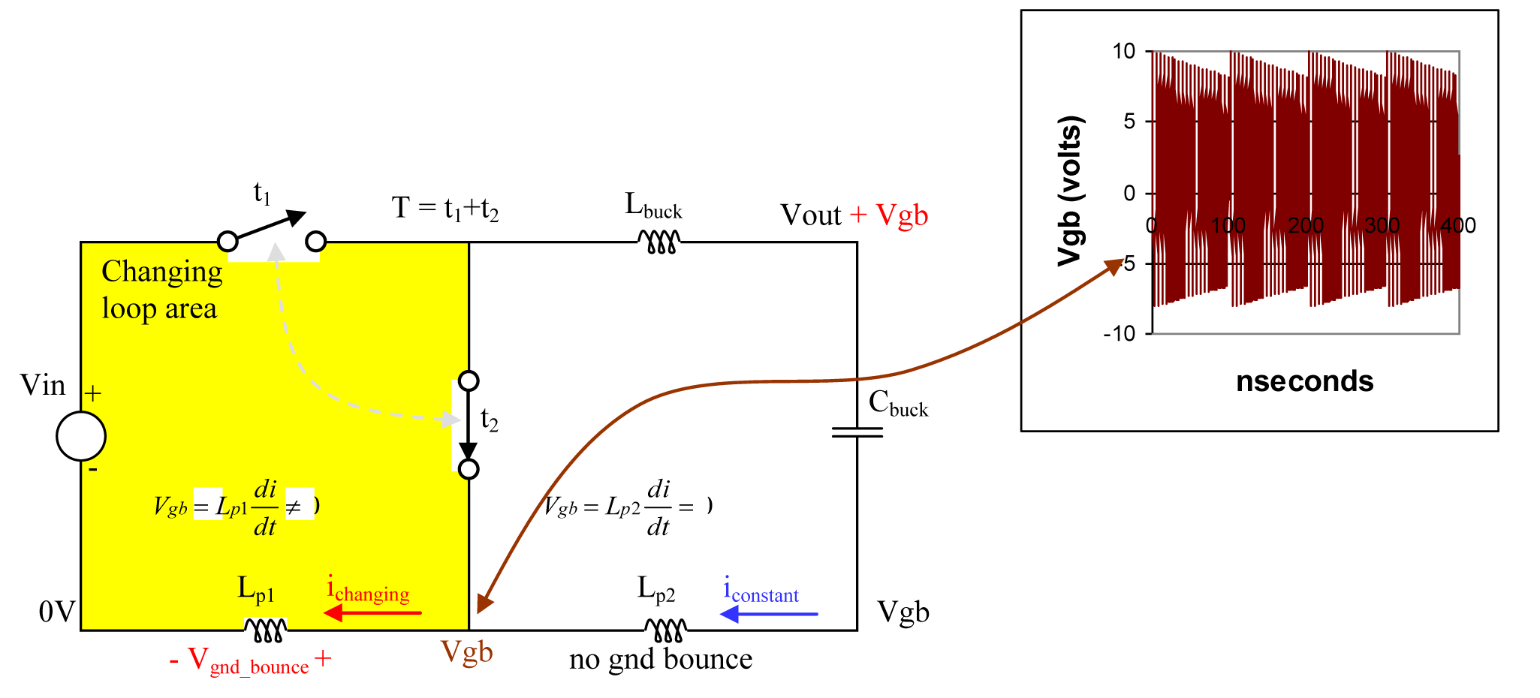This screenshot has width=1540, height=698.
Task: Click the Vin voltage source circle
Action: click(81, 436)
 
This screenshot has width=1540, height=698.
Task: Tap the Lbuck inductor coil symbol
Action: click(659, 242)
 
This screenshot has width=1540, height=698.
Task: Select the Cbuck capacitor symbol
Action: click(857, 432)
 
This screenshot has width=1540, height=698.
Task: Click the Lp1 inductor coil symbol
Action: click(265, 630)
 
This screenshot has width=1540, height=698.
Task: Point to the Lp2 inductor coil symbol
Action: click(666, 630)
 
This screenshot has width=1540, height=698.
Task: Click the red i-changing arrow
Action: click(372, 613)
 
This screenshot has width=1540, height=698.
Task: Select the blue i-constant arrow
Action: click(768, 614)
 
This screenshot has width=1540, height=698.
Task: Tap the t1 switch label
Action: click(261, 194)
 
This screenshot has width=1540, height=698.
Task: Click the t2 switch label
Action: click(489, 420)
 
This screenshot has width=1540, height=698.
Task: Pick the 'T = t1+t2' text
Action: click(445, 208)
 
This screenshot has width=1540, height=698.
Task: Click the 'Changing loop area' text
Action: click(161, 290)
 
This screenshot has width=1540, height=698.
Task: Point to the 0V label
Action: click(57, 612)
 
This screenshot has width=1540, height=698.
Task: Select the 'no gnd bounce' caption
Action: click(661, 659)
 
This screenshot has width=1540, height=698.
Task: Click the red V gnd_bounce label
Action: click(250, 661)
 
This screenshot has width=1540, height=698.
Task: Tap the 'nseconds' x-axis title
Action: click(1304, 381)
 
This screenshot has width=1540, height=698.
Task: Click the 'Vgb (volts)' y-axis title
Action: click(1070, 191)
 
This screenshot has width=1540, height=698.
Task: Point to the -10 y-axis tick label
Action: click(1119, 333)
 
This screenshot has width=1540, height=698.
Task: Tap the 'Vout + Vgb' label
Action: click(854, 215)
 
